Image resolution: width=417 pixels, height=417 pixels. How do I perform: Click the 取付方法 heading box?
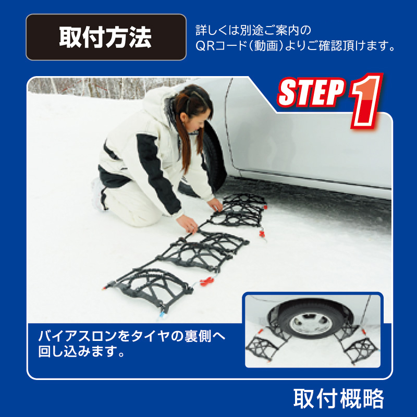(106, 37)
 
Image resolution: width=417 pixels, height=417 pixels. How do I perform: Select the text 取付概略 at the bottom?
(339, 399)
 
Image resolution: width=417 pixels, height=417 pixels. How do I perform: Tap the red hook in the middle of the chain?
(207, 281)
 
